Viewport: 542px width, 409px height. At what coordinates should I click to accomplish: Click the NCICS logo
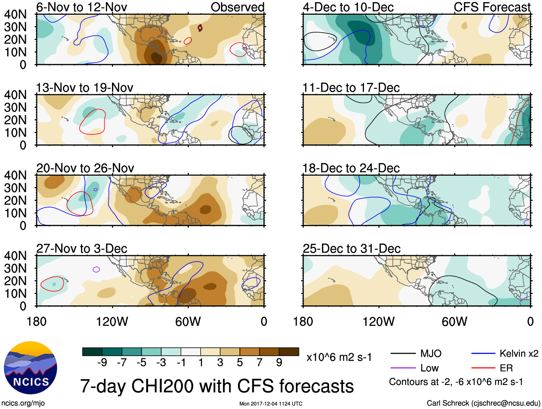31,368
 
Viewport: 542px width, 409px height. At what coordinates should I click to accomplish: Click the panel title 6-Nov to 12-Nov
81,7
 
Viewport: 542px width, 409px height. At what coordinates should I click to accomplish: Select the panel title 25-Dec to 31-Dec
351,249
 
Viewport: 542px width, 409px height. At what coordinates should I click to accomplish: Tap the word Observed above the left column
237,7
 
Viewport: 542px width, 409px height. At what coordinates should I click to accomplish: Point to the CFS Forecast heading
492,7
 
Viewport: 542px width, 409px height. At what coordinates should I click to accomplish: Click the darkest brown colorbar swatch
289,352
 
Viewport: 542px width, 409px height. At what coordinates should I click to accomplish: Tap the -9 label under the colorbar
102,363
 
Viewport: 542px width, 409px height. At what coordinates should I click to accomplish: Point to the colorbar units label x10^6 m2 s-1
339,357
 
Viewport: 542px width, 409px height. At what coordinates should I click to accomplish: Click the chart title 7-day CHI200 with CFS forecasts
217,386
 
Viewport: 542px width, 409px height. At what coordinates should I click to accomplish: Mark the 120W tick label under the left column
112,322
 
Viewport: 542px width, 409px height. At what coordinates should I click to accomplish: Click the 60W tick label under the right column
454,322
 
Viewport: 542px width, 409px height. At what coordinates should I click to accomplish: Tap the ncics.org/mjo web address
23,403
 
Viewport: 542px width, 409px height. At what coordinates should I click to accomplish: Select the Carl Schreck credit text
483,403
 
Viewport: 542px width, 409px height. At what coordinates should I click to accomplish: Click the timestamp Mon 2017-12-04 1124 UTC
271,404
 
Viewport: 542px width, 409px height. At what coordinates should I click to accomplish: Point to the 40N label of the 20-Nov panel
15,175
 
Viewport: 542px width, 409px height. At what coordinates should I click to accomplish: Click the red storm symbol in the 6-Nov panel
200,28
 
